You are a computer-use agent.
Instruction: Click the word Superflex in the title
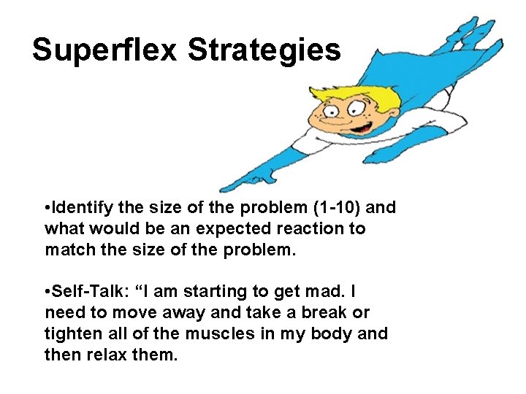(105, 50)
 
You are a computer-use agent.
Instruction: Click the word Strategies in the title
(264, 51)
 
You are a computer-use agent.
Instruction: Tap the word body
(334, 333)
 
